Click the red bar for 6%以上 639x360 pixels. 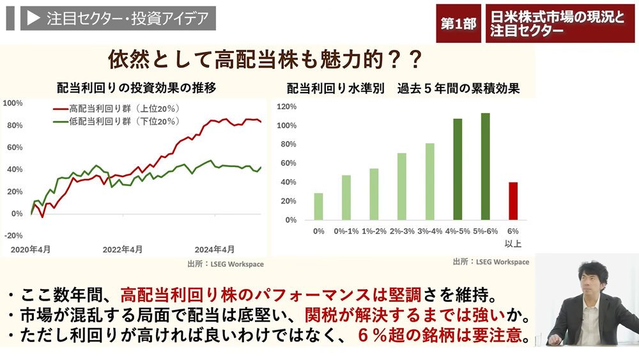click(x=512, y=201)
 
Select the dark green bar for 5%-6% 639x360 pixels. click(x=485, y=166)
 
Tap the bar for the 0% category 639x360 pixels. click(x=318, y=206)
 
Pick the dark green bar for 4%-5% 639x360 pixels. click(x=458, y=169)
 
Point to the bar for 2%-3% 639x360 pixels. click(x=402, y=186)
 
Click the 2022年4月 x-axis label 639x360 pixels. click(x=123, y=249)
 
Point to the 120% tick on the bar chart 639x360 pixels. click(x=287, y=106)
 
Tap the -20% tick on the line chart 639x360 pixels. click(x=13, y=235)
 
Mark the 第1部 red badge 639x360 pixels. click(x=458, y=24)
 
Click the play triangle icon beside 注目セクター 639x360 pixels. click(x=33, y=19)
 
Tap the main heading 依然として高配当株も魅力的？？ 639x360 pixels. click(x=265, y=61)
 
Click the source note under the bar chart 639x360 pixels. click(x=491, y=262)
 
